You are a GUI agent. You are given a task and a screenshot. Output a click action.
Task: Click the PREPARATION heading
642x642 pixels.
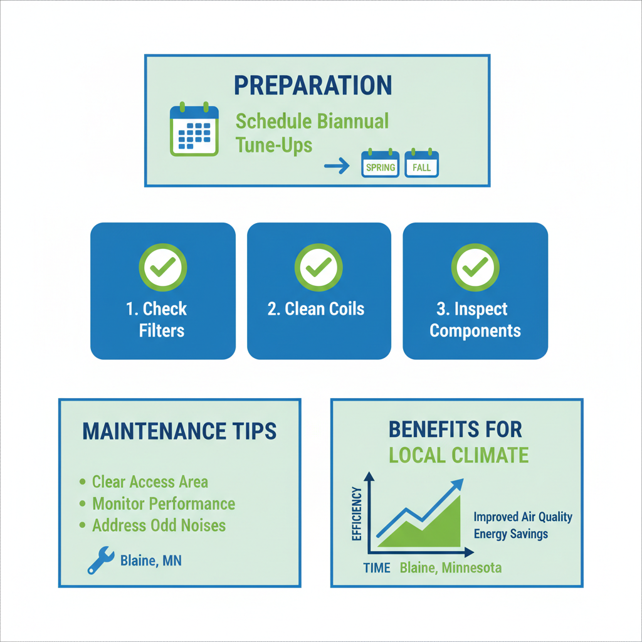click(313, 85)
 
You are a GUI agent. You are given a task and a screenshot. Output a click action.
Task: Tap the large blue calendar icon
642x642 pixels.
click(194, 130)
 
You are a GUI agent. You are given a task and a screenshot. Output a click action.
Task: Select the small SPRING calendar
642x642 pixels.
click(381, 164)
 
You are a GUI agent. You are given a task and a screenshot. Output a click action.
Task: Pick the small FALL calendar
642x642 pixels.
click(422, 164)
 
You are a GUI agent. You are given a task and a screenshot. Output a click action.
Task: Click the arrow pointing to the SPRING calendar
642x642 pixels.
click(337, 166)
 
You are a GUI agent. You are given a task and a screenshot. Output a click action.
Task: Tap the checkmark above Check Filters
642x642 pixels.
click(162, 268)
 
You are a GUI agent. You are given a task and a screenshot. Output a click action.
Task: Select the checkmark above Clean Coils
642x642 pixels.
click(318, 268)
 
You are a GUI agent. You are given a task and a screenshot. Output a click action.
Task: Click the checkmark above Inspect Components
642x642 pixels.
click(475, 268)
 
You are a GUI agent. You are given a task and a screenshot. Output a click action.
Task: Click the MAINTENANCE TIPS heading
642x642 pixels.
click(179, 431)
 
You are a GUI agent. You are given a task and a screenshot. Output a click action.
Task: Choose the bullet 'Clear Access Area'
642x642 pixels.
click(149, 481)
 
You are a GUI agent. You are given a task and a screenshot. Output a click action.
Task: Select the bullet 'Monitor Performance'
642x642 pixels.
click(163, 503)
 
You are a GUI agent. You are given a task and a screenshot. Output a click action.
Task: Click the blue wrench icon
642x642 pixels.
click(100, 560)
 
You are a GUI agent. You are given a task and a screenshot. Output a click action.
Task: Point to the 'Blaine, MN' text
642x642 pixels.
click(150, 560)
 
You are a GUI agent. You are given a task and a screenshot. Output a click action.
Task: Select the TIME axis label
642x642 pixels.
click(376, 568)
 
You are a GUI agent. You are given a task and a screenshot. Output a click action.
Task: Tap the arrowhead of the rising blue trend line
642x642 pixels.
click(458, 483)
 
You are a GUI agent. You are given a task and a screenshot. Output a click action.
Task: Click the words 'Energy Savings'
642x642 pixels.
click(510, 534)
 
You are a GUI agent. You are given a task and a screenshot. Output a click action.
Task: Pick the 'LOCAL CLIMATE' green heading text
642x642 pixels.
click(458, 455)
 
